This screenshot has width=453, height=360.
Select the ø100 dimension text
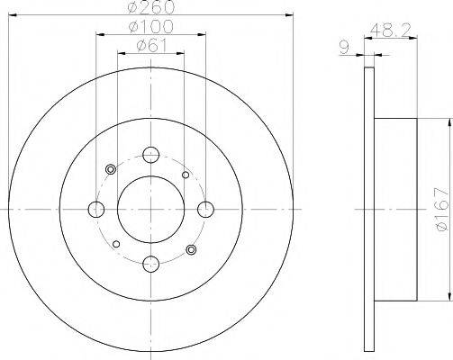[149, 27]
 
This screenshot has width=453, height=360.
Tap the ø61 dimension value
[149, 45]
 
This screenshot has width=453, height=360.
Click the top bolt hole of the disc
[151, 154]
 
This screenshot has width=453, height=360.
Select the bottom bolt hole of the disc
[151, 264]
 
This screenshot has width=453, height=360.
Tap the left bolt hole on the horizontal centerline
[96, 209]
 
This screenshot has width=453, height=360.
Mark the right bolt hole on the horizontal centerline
[206, 209]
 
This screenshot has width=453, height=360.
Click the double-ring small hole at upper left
[111, 169]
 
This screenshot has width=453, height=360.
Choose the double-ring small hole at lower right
[191, 249]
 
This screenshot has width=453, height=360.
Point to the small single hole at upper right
[186, 175]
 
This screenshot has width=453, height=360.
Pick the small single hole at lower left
[117, 243]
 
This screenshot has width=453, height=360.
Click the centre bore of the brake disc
[151, 209]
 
